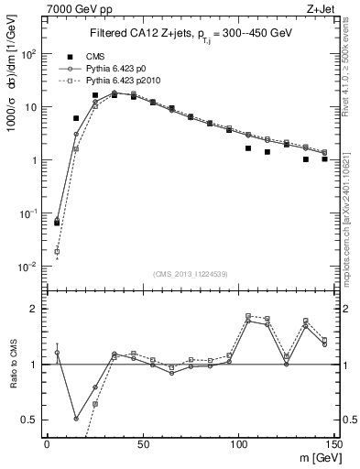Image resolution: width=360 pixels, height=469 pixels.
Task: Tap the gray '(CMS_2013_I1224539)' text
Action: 190,273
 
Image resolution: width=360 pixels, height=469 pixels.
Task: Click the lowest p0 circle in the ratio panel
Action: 76,418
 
